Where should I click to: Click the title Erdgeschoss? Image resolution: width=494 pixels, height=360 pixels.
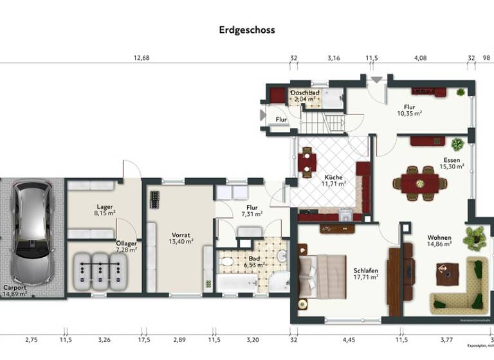click(246, 30)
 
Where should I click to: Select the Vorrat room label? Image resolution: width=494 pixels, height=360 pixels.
click(181, 238)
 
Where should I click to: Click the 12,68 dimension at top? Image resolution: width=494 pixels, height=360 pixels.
click(142, 58)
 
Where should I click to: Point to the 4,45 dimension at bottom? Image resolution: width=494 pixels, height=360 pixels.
click(348, 339)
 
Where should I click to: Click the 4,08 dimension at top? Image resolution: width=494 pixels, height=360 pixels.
click(419, 58)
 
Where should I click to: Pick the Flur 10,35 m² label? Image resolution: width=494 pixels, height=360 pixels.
click(408, 110)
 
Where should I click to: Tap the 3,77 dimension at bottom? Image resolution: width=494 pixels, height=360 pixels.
click(446, 339)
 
